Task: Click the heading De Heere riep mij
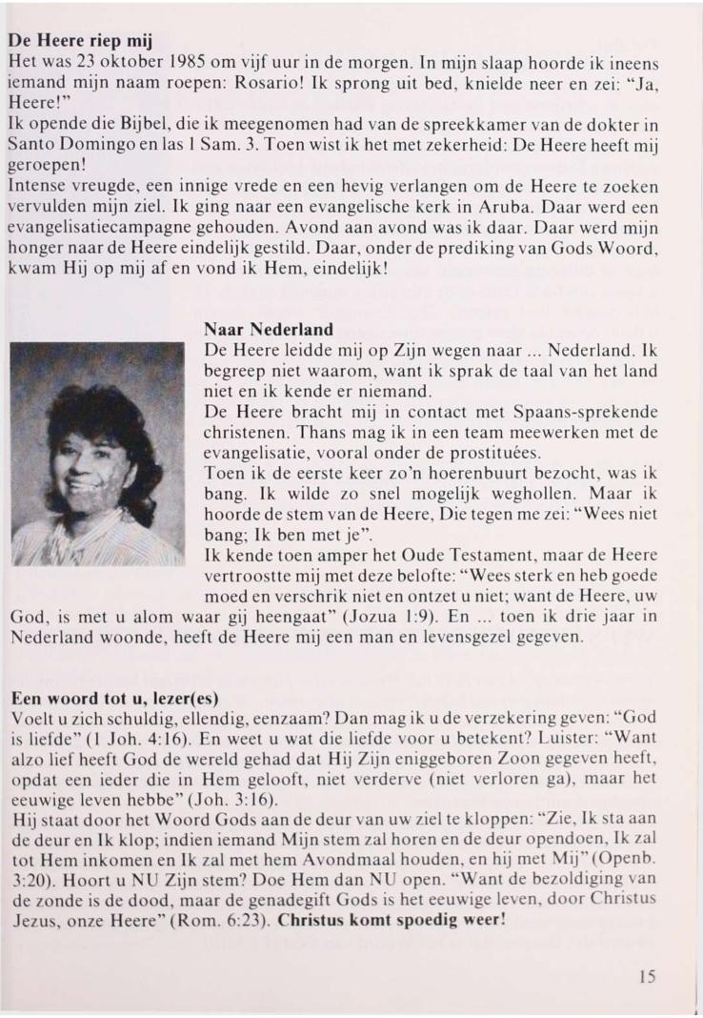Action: (x=81, y=44)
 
